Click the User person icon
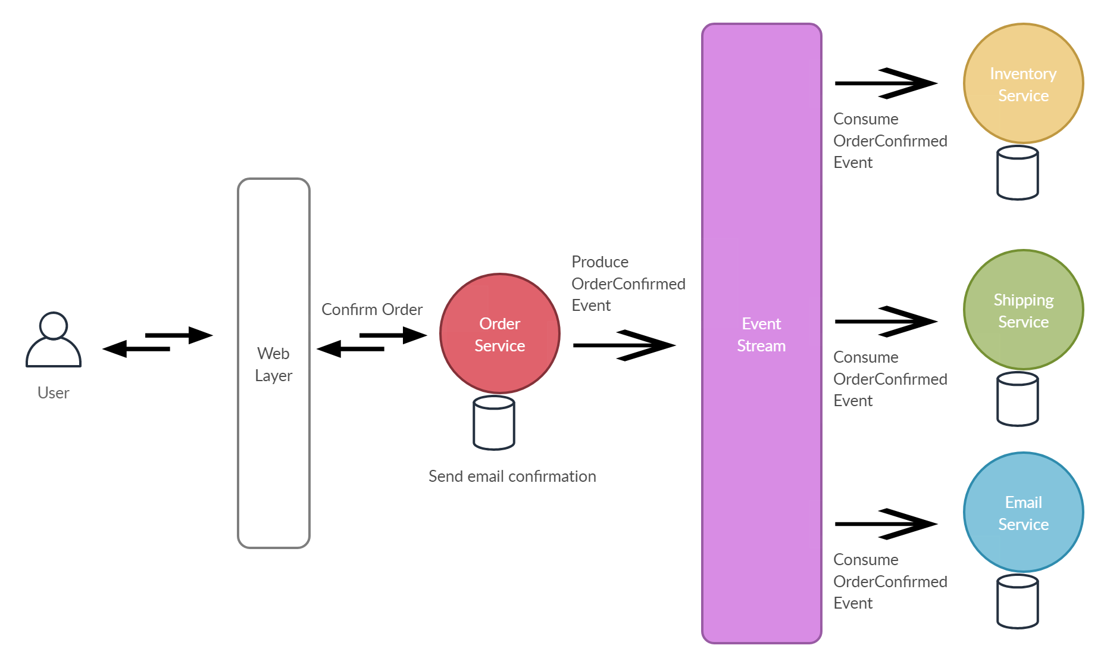point(54,341)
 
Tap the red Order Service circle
point(500,333)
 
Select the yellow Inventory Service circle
point(1023,83)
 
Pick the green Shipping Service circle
point(1023,310)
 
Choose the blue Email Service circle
point(1023,512)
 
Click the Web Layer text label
point(273,364)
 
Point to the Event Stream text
point(761,335)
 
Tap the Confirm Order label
point(372,310)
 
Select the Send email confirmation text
point(512,476)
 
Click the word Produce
point(600,262)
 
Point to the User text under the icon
point(54,393)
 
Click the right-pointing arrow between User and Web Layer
point(179,335)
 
